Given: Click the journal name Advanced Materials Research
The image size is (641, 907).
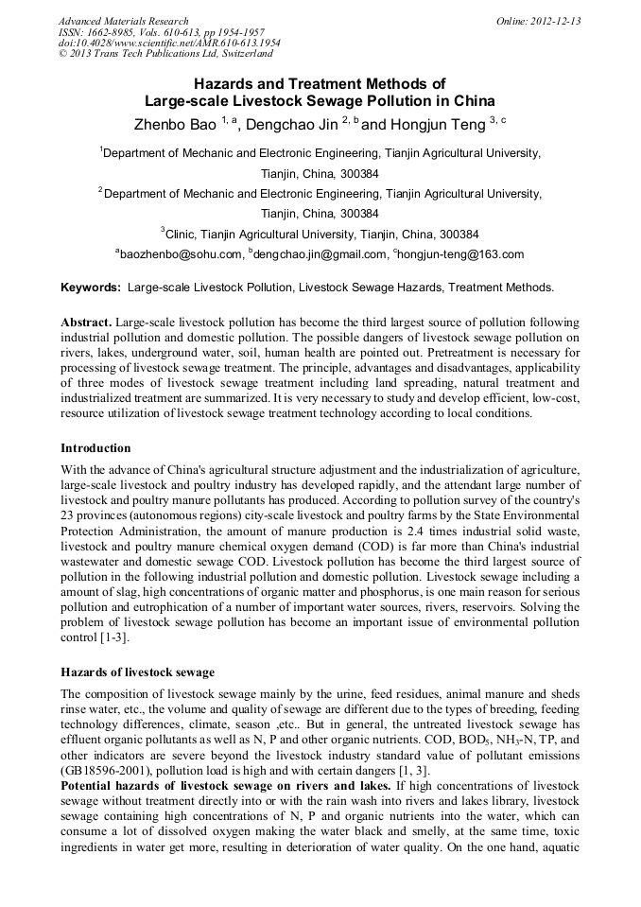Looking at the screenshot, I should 123,21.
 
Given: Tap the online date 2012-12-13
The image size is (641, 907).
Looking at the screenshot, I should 552,21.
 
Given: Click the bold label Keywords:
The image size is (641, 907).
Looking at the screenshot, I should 91,287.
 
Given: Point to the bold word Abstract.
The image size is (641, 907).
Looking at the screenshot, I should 85,323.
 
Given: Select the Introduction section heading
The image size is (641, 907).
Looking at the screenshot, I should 95,447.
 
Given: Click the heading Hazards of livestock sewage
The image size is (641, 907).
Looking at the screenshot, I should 137,672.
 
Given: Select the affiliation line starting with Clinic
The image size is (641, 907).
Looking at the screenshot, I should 320,234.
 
